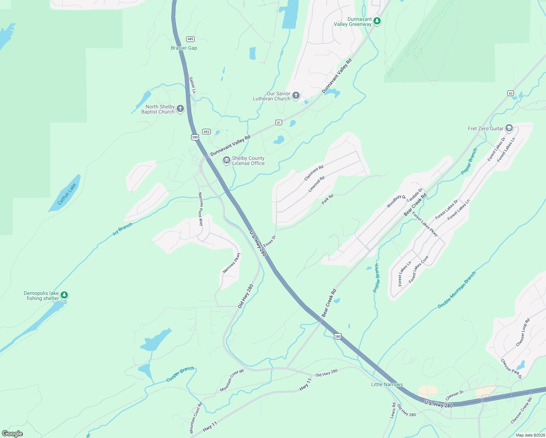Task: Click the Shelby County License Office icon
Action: (x=227, y=161)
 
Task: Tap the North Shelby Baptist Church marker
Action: (x=180, y=109)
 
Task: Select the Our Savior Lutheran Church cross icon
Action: (x=296, y=96)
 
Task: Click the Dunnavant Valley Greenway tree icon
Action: (x=377, y=21)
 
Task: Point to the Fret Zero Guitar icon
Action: (x=509, y=128)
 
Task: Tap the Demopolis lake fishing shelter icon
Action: (x=64, y=295)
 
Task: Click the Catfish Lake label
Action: (x=67, y=194)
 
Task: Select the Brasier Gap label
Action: (x=184, y=48)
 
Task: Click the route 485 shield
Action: (x=190, y=39)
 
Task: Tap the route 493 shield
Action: (x=206, y=132)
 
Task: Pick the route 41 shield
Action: (x=279, y=123)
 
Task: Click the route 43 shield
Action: (x=511, y=93)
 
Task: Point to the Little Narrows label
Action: (x=387, y=384)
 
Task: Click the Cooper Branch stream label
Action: (x=180, y=374)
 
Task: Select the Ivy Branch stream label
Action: (x=123, y=229)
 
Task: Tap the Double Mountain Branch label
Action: (x=457, y=290)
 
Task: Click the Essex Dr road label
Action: (x=270, y=241)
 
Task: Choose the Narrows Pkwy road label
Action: (x=232, y=263)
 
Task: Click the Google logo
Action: (x=12, y=434)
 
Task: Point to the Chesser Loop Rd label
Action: (x=523, y=333)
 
